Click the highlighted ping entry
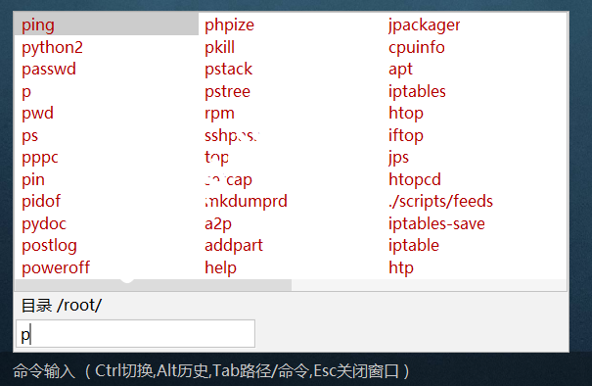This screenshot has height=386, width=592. [39, 24]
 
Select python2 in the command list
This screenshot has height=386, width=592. [52, 47]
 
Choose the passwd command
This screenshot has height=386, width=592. [49, 69]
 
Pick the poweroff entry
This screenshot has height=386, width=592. [56, 267]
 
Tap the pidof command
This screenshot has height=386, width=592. [43, 201]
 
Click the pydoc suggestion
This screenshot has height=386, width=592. [45, 223]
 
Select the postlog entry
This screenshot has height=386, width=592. [49, 245]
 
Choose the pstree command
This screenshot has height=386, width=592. [228, 91]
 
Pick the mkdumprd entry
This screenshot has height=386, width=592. [246, 201]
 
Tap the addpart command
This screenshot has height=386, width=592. [234, 245]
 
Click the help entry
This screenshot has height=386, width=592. [220, 267]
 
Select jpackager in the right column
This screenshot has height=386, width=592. [424, 24]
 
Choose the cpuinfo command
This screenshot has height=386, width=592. [416, 47]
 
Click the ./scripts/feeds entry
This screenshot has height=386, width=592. [440, 201]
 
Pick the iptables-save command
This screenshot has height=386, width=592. [436, 223]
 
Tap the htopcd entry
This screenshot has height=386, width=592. [415, 179]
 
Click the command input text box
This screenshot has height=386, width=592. [136, 334]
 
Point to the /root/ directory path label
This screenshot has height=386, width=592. [79, 306]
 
